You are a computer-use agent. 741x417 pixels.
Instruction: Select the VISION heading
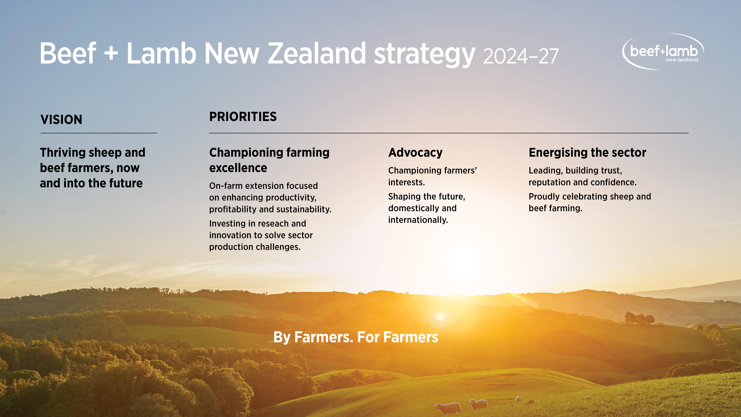tap(61, 119)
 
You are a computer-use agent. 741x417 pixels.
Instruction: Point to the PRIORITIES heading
tap(243, 117)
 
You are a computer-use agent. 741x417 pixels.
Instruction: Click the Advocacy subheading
tap(415, 153)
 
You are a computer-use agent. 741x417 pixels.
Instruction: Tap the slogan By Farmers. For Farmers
tap(356, 337)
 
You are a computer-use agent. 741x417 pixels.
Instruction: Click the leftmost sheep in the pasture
tap(448, 408)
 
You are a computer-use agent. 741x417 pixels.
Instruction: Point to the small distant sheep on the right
tap(518, 399)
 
